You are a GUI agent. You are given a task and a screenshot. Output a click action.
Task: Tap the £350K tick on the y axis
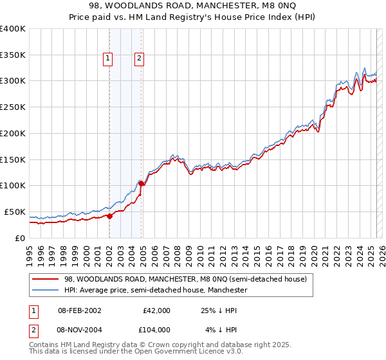pos(13,55)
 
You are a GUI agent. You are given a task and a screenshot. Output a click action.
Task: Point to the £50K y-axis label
pos(15,212)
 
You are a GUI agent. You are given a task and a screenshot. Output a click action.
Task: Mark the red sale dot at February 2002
pos(109,216)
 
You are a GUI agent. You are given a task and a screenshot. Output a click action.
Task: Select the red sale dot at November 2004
pos(141,184)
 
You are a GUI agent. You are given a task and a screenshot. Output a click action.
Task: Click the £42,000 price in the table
pos(156,310)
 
